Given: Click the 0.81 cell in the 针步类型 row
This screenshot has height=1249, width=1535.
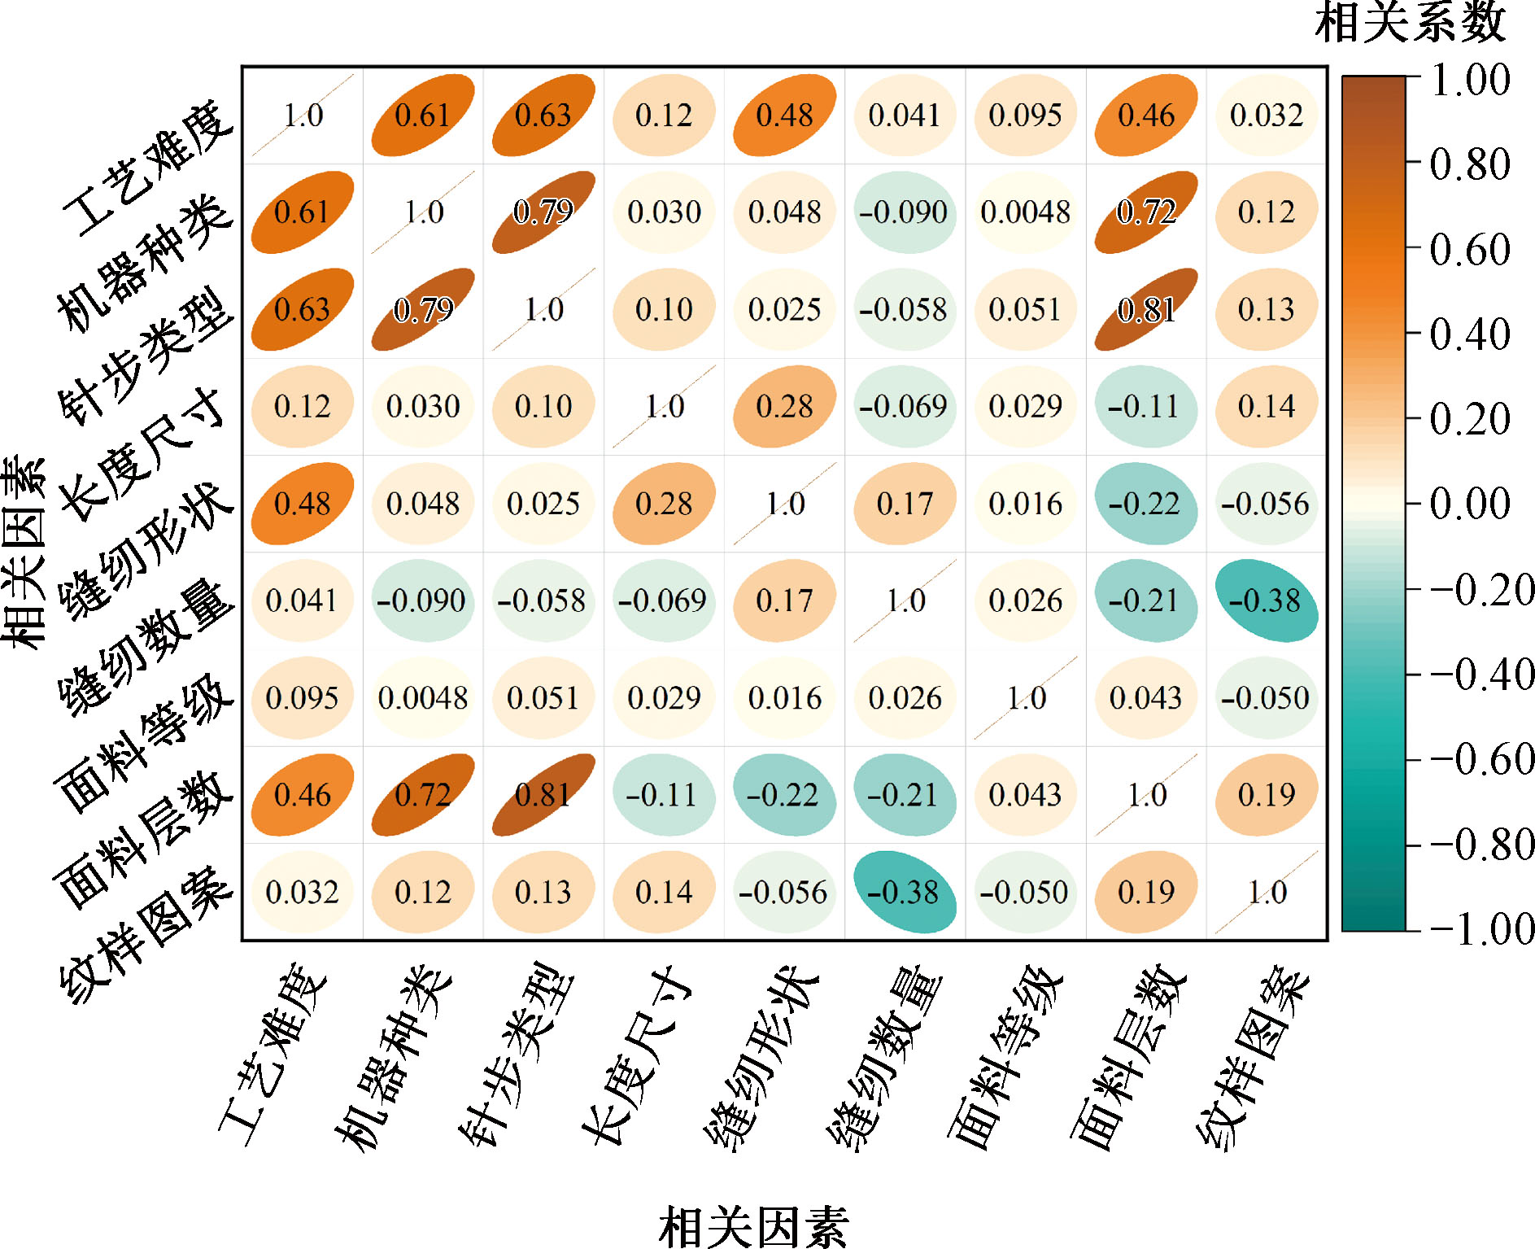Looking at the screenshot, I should tap(1145, 309).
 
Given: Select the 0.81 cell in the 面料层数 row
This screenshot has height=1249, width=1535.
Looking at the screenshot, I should tap(543, 794).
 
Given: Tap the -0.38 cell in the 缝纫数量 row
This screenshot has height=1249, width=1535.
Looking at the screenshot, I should tap(1266, 600).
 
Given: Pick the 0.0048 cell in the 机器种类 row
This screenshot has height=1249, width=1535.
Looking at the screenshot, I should tap(1025, 212).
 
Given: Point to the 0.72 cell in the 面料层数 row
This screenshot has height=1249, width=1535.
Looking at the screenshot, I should tap(423, 794).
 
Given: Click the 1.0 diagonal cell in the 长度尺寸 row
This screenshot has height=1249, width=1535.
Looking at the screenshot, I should tap(664, 406).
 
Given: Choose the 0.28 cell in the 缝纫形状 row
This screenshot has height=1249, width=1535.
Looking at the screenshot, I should tap(664, 504).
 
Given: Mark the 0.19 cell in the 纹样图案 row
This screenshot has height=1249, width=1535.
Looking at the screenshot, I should tap(1145, 892).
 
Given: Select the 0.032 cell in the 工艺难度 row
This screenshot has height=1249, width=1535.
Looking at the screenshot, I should tap(1266, 115).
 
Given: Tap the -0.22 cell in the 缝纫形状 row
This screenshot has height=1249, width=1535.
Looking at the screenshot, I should tap(1145, 504).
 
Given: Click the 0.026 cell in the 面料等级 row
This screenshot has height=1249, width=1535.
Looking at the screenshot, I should tap(905, 697).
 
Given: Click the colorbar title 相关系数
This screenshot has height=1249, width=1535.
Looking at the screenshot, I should tap(1410, 23).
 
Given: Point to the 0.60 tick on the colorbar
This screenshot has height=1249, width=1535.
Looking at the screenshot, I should tap(1469, 249).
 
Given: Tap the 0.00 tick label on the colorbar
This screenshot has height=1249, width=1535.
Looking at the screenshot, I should tap(1469, 503).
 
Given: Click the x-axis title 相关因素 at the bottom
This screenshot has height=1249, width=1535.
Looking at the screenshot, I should tap(753, 1227).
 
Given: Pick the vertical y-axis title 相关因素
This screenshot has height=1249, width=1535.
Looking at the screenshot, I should tap(24, 553).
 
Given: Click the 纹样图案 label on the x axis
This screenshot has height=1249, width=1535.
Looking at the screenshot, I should tap(1253, 1058).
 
